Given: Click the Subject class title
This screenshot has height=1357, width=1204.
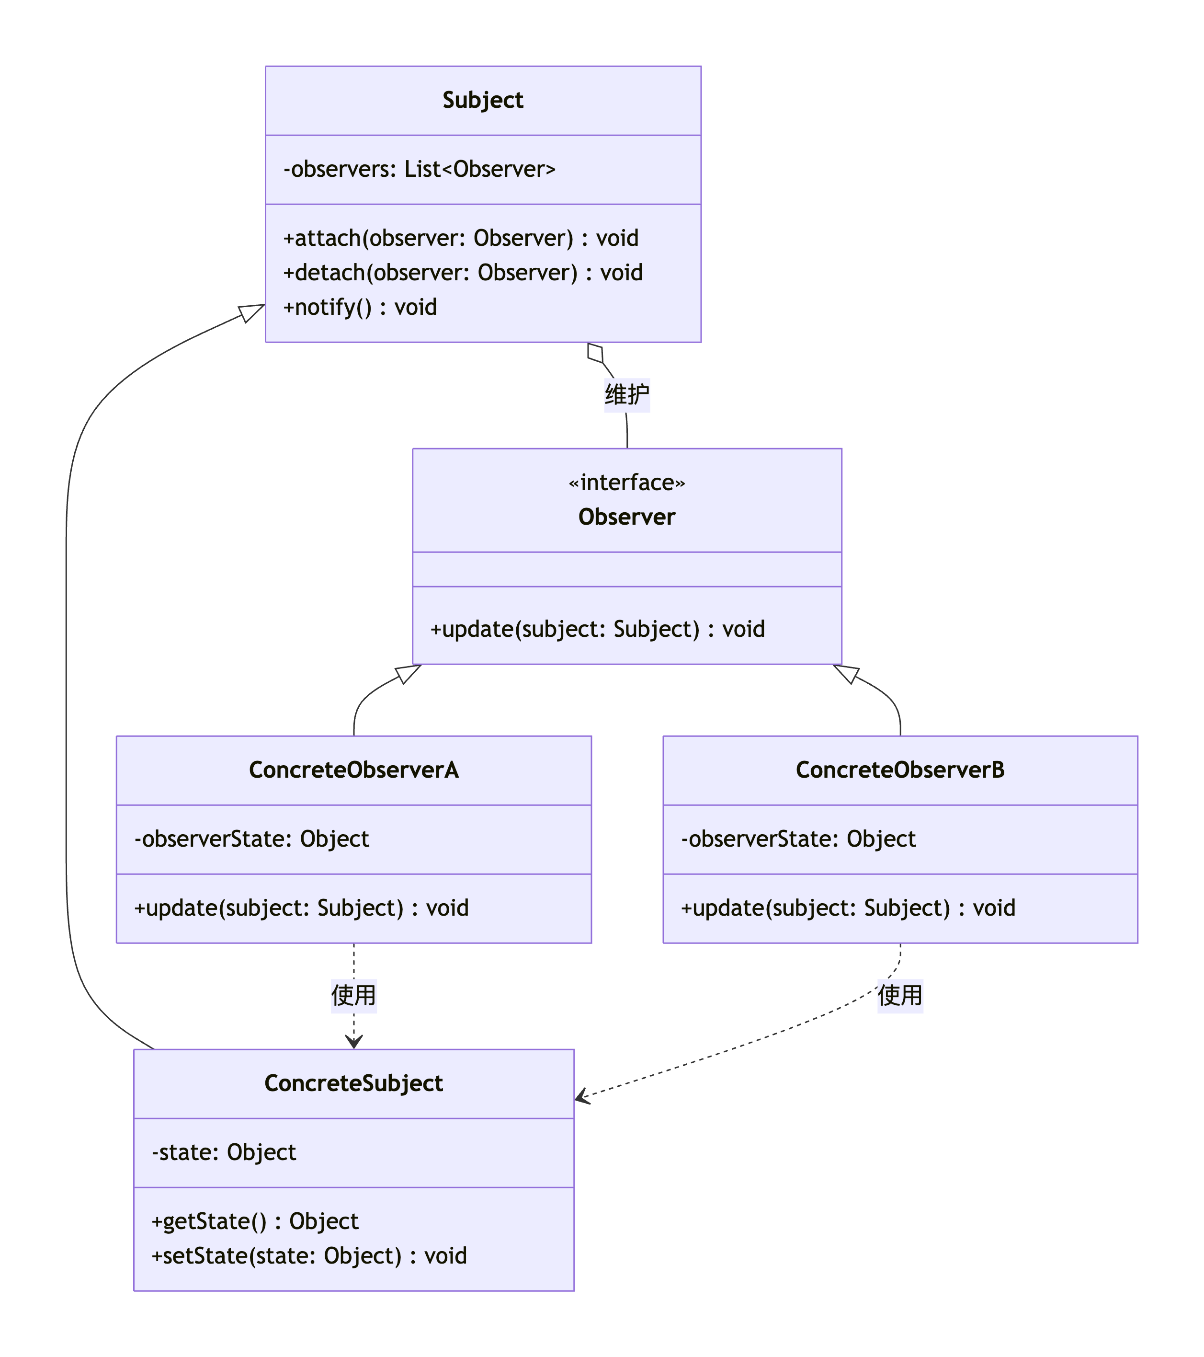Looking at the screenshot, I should click(483, 100).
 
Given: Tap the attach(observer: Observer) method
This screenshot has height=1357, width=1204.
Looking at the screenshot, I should click(461, 238).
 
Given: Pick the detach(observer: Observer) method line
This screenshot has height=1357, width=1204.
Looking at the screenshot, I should click(463, 273).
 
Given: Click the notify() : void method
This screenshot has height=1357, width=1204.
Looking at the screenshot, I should click(360, 307).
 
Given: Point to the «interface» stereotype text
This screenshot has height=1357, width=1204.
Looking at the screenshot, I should click(626, 483).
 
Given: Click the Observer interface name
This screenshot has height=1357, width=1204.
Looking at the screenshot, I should click(626, 517).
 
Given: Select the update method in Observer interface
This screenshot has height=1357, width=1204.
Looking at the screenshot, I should click(597, 629).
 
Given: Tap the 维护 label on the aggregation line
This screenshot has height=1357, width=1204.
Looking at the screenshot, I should click(626, 394).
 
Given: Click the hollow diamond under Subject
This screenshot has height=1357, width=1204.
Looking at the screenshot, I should click(595, 353).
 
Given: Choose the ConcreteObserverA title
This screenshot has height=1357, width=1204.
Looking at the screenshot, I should click(354, 770).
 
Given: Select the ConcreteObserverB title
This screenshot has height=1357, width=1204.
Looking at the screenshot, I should click(900, 770).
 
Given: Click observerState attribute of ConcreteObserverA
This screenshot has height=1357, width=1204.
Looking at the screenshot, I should click(251, 839).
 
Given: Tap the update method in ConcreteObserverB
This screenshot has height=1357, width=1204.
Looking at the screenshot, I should click(848, 908).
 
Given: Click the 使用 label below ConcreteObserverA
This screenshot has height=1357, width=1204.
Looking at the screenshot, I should click(354, 995).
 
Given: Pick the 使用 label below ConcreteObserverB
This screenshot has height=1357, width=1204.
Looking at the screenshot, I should click(900, 995).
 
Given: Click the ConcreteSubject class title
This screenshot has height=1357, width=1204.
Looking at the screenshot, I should click(354, 1083).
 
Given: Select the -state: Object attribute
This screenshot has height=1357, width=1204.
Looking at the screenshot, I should click(224, 1152).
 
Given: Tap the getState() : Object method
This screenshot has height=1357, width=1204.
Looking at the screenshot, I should click(255, 1221).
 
